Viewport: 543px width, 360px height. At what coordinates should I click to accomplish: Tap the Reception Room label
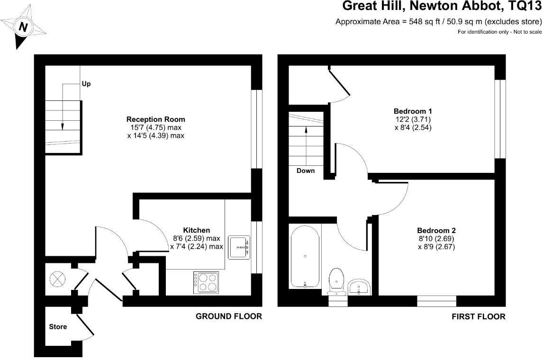[155, 119]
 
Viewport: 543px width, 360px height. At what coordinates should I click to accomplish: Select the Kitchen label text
[197, 230]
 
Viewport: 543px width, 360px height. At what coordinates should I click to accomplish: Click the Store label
[58, 327]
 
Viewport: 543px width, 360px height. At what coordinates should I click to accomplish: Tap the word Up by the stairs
[86, 84]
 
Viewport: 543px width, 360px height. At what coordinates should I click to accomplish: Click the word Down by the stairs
[306, 171]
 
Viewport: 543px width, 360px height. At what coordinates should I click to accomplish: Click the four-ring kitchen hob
[206, 282]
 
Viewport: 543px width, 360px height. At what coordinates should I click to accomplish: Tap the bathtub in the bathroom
[305, 256]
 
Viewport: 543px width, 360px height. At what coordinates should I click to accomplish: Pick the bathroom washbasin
[359, 288]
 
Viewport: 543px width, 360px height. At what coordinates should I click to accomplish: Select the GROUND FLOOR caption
[229, 316]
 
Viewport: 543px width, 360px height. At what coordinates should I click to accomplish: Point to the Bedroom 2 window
[436, 301]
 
